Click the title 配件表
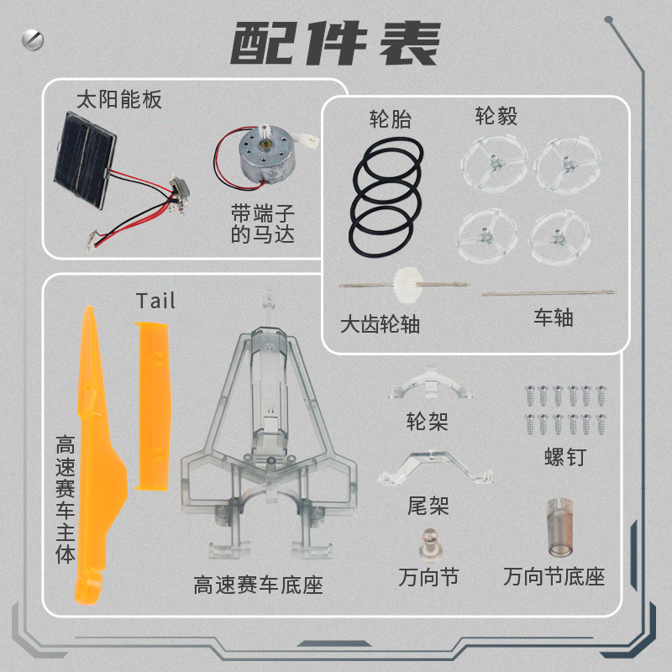336,44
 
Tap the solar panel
85,160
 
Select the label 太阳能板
119,100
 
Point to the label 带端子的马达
263,223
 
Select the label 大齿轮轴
380,324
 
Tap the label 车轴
554,318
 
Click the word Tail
155,301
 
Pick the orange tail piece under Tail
153,406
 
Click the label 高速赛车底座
258,585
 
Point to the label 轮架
428,422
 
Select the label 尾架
428,506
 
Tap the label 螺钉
565,457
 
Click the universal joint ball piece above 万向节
429,543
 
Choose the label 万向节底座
554,576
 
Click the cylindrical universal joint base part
560,528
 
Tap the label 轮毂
496,116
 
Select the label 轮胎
391,118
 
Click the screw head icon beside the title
33,39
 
